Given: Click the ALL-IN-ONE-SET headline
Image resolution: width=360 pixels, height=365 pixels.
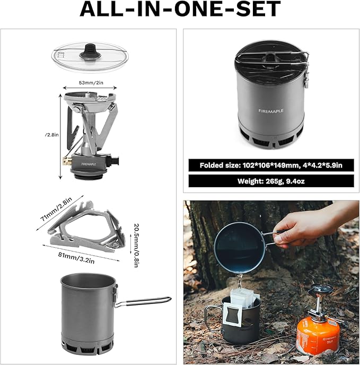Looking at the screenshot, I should tap(180, 10).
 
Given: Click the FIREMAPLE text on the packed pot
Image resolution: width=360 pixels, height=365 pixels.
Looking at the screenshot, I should tap(270, 111).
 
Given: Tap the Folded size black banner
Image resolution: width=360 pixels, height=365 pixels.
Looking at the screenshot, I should tap(270, 165).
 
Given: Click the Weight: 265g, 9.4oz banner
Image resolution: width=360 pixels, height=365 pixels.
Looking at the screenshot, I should tap(270, 181).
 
